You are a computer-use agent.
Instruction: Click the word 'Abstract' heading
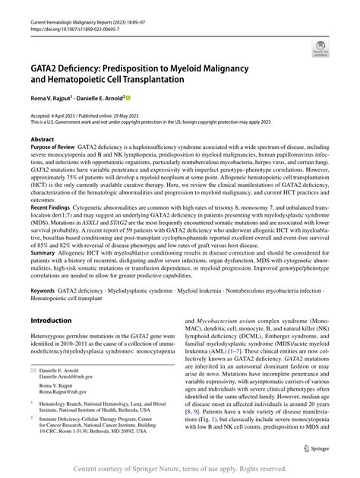(42, 141)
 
